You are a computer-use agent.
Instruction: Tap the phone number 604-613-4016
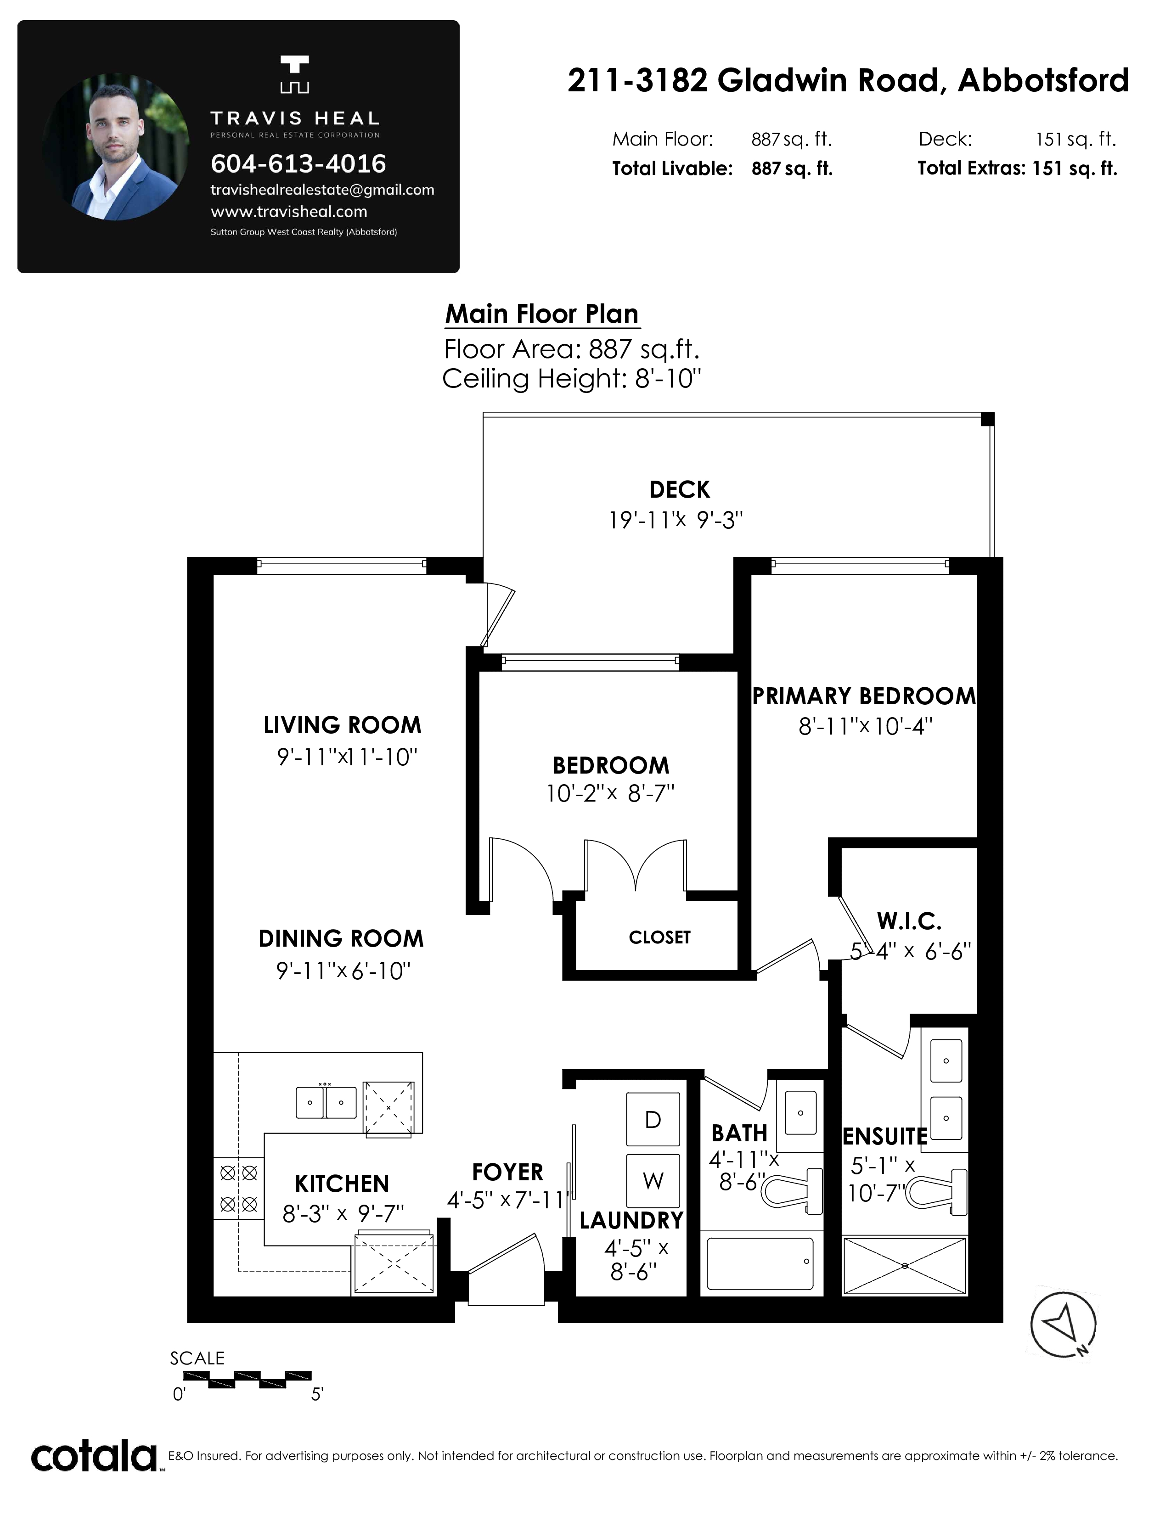[x=298, y=164]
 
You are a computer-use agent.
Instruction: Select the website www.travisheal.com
[x=288, y=212]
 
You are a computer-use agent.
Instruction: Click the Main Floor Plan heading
[x=542, y=314]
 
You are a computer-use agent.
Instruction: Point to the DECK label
[x=679, y=490]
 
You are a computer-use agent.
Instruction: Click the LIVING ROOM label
[x=342, y=725]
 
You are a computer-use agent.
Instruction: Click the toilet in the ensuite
[x=936, y=1192]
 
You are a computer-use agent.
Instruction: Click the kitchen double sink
[x=326, y=1102]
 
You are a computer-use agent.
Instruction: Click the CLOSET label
[x=660, y=938]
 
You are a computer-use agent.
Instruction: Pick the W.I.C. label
[x=909, y=922]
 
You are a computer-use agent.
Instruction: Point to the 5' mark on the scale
[x=316, y=1394]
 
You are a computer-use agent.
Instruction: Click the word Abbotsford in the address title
[x=1043, y=80]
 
